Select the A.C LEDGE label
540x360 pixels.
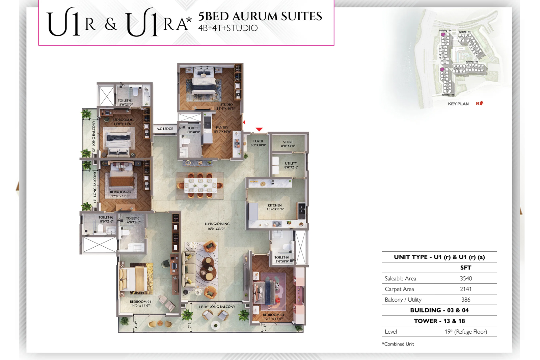tap(165, 129)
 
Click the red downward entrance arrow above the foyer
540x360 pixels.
tap(259, 130)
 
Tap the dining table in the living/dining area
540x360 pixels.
tap(200, 185)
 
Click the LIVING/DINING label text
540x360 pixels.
tap(217, 224)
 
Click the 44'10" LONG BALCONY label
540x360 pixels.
tap(217, 307)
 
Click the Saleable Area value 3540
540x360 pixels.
tap(466, 278)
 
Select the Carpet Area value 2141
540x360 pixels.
tap(466, 289)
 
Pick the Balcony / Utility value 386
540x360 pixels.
tap(466, 300)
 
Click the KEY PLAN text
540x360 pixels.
tap(458, 104)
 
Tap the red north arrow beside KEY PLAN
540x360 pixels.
tap(481, 103)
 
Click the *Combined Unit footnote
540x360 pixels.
tap(398, 344)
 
